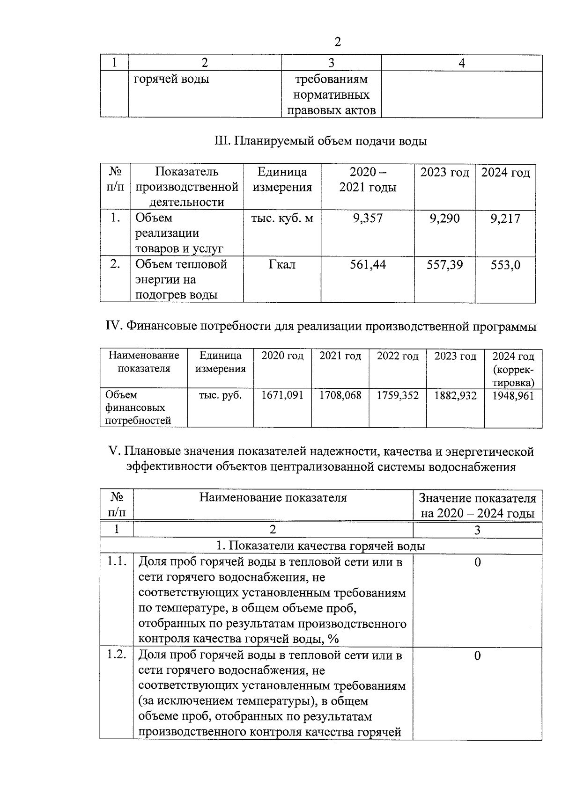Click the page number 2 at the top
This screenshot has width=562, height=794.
point(337,42)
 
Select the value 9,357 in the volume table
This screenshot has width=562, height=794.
point(368,219)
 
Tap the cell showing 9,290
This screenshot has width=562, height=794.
point(444,219)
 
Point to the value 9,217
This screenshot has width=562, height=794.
point(505,219)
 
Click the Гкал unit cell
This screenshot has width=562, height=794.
point(282,265)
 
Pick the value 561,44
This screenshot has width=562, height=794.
point(368,265)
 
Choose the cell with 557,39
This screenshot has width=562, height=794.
point(444,265)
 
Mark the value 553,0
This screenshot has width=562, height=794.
point(505,265)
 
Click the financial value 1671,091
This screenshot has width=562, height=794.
point(282,395)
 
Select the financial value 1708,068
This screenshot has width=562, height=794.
point(340,395)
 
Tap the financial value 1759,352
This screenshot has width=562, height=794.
point(398,395)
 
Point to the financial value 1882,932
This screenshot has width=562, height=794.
point(455,396)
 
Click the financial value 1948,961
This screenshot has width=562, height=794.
point(513,396)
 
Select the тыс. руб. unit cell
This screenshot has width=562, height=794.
point(220,395)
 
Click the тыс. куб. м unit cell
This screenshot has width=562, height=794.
point(282,219)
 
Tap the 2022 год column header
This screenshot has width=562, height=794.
point(398,356)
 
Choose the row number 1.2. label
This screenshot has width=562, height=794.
point(117,655)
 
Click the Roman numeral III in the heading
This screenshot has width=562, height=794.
point(220,141)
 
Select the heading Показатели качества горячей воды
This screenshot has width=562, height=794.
point(320,546)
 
